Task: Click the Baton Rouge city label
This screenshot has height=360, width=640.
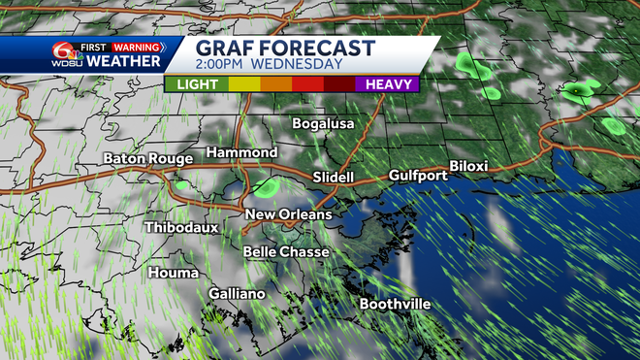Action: coord(146,158)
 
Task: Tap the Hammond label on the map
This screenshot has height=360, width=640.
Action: coord(242,153)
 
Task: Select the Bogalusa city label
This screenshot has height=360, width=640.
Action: coord(324,123)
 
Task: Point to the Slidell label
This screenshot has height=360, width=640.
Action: coord(334,178)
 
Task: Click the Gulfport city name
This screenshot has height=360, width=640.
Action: coord(417,176)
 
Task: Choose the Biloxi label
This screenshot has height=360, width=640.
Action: coord(469,166)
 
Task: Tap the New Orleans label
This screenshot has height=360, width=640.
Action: coord(288,214)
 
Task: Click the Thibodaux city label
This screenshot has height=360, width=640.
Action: coord(181,227)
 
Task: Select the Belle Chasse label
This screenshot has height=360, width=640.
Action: coord(286,251)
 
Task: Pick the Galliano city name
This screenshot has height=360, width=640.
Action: coord(237,293)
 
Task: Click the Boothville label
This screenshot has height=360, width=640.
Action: coord(395,304)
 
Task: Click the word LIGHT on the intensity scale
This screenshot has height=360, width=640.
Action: coord(196,84)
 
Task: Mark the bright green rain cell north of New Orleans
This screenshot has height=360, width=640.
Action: coord(271,187)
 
